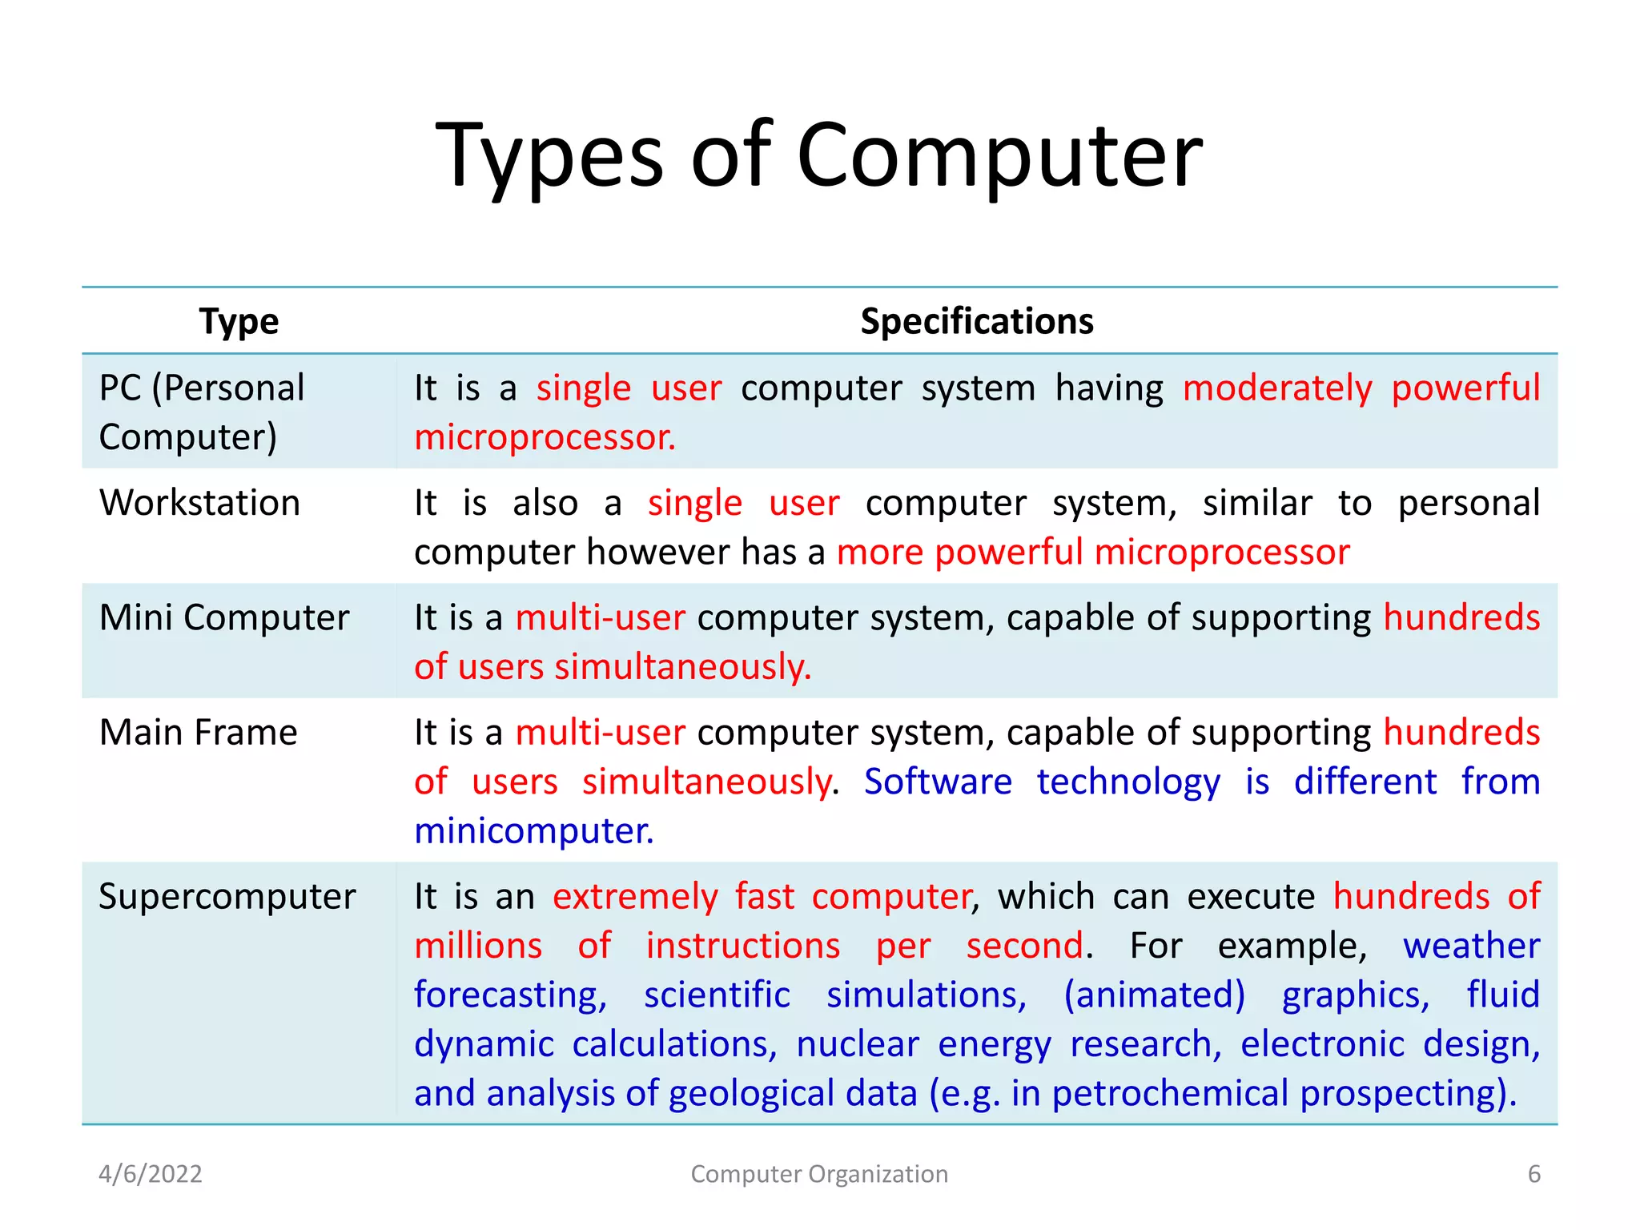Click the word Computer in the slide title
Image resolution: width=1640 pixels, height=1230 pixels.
click(x=999, y=156)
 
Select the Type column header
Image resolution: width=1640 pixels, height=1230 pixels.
click(x=239, y=322)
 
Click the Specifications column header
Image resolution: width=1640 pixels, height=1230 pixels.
click(x=976, y=322)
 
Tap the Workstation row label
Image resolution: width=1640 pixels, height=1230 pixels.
click(x=199, y=504)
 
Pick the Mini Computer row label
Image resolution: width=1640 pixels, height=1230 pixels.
click(x=224, y=618)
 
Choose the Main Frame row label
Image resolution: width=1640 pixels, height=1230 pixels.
click(x=198, y=733)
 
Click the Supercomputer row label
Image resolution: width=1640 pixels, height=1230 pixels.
click(x=227, y=897)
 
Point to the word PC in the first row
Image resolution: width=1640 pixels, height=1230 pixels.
click(x=120, y=388)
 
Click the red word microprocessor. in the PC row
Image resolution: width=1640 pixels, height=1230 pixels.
click(x=545, y=438)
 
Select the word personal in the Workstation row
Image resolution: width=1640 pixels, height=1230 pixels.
click(x=1468, y=504)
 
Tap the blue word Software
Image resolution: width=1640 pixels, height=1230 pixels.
click(x=938, y=782)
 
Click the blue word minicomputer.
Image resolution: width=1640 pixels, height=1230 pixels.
click(x=533, y=831)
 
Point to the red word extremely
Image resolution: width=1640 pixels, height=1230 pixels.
click(x=635, y=897)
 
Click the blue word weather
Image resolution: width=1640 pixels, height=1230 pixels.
click(x=1470, y=947)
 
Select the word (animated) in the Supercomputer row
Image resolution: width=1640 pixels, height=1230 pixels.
click(x=1154, y=995)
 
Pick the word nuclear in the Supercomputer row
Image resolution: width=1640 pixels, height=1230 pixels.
click(x=857, y=1045)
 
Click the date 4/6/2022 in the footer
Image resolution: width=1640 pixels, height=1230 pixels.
click(x=150, y=1174)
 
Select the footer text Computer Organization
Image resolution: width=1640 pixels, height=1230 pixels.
click(x=819, y=1174)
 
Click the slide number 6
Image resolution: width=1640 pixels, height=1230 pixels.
click(x=1533, y=1174)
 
